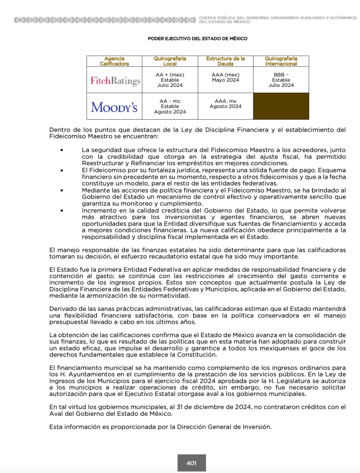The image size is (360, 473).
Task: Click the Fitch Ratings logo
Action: click(x=115, y=81)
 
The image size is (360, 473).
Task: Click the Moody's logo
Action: click(x=114, y=107)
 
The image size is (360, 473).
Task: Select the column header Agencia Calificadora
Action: click(x=114, y=61)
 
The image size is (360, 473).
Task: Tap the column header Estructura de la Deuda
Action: click(x=225, y=61)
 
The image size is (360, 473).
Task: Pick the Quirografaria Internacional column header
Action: click(x=281, y=61)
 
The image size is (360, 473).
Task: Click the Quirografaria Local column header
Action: click(x=170, y=61)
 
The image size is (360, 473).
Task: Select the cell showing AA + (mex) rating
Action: click(x=170, y=80)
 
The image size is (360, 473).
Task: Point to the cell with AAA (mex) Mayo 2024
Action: click(x=225, y=78)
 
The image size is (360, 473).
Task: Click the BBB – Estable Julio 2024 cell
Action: click(x=281, y=80)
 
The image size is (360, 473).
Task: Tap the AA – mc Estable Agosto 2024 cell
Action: click(x=170, y=106)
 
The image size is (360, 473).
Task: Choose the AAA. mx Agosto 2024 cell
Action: click(x=225, y=104)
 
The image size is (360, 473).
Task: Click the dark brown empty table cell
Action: click(x=281, y=106)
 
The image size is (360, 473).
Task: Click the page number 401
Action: click(x=191, y=463)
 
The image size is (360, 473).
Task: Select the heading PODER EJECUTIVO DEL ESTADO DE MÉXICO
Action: click(x=197, y=39)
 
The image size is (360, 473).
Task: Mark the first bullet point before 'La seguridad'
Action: click(x=62, y=151)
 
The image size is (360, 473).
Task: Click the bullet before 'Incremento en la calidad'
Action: click(x=62, y=210)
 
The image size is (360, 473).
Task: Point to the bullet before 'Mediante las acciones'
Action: click(x=62, y=190)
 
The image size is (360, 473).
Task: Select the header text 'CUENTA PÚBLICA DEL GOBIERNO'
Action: click(x=240, y=18)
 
